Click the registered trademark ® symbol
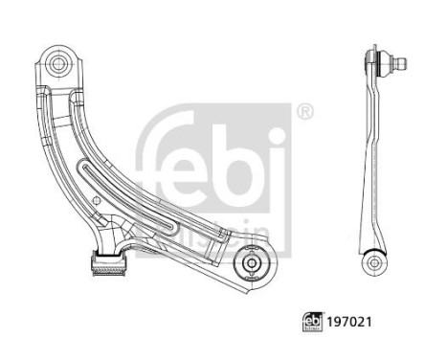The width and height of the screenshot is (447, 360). [x=304, y=111]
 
